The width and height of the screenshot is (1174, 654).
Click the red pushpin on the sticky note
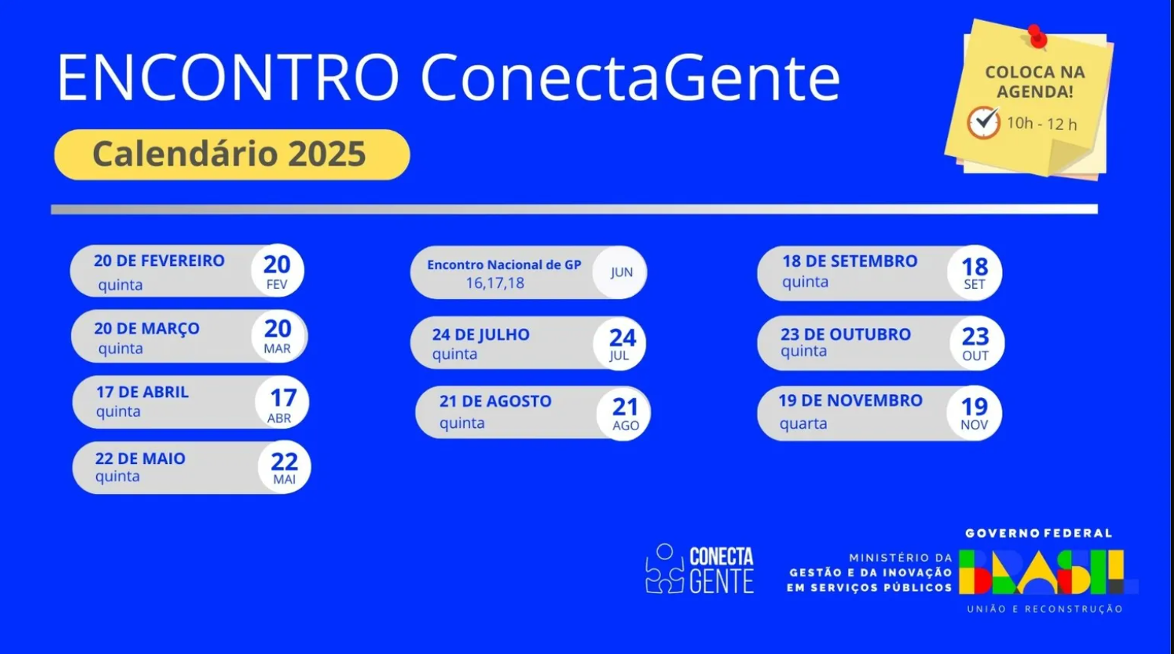tap(1037, 36)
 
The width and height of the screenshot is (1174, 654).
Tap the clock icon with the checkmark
tap(983, 122)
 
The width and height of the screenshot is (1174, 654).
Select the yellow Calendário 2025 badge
tap(231, 155)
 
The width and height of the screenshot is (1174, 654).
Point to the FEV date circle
tap(277, 271)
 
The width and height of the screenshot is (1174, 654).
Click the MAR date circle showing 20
tap(278, 336)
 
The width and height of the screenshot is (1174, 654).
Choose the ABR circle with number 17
tap(282, 403)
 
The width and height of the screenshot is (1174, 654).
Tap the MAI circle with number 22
tap(284, 467)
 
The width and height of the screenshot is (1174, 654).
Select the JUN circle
tap(620, 273)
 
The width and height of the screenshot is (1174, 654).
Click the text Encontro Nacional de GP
tap(504, 265)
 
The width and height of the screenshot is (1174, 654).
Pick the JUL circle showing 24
tap(620, 344)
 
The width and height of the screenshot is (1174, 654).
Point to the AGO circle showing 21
tap(624, 413)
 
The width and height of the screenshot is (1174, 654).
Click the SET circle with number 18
tap(974, 273)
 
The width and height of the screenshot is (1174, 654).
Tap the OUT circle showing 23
tap(975, 343)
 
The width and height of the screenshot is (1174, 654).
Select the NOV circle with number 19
tap(974, 413)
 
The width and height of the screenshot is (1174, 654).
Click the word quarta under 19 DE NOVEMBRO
tap(803, 423)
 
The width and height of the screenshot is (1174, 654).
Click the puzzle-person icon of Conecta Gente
tap(664, 569)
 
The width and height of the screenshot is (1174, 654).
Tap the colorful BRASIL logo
tap(1044, 572)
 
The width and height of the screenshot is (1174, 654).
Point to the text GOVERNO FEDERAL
tap(1038, 533)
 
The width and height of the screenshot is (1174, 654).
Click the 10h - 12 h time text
tap(1041, 124)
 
